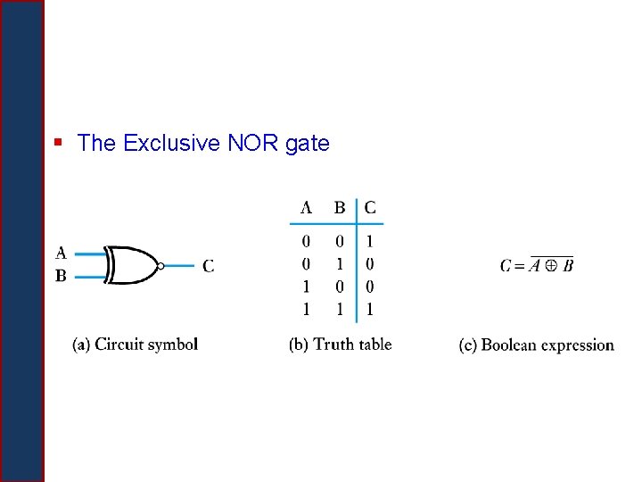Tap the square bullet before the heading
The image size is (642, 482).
coord(58,141)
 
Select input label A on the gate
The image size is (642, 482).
coord(61,253)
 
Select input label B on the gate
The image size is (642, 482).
coord(61,276)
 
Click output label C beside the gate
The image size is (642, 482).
coord(208,265)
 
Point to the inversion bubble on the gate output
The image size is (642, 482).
coord(160,265)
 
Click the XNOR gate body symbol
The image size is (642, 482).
coord(132,265)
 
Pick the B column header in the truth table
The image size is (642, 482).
coord(340,208)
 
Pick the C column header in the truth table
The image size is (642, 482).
coord(370,208)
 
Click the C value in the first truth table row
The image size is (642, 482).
coord(370,241)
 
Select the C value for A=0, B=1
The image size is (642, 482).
coord(370,264)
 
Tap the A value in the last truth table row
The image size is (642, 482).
coord(306,310)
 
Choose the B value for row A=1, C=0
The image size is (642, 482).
coord(340,287)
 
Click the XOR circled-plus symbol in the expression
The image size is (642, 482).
coord(552,265)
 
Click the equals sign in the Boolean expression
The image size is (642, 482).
coord(521,265)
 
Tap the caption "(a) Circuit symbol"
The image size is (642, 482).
coord(136,345)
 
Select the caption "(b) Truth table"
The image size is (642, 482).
coord(341,345)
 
